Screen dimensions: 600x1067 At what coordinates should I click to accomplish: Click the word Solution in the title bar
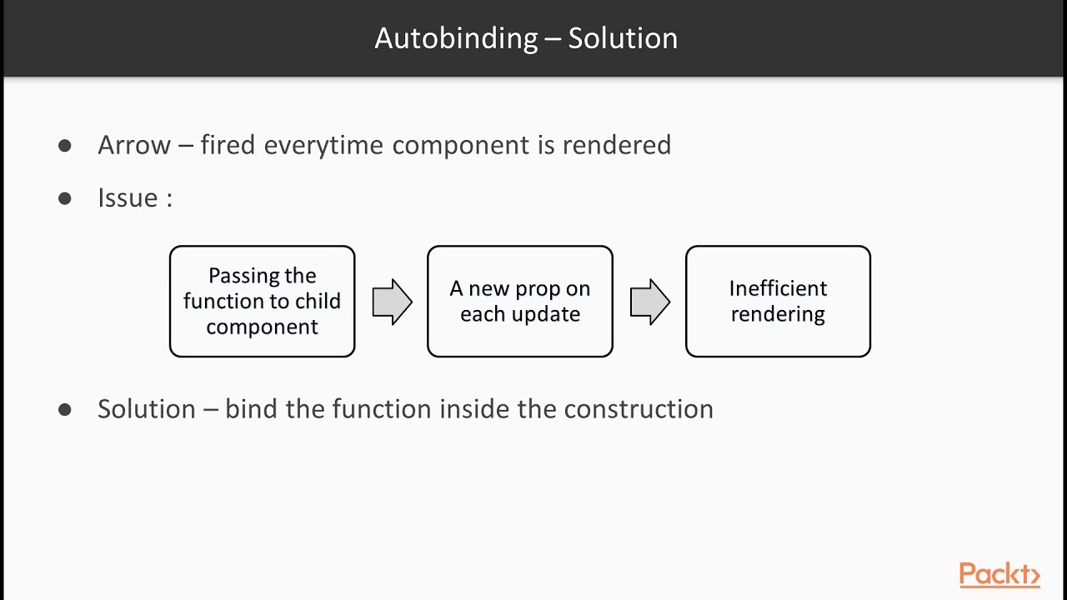click(x=623, y=38)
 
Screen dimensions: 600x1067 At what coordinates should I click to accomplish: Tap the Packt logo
click(x=999, y=575)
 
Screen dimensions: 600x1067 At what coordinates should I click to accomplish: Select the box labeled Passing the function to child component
click(x=262, y=302)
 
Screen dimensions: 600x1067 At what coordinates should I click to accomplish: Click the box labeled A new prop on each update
click(x=519, y=302)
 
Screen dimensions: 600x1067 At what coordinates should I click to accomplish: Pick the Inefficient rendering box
click(x=778, y=302)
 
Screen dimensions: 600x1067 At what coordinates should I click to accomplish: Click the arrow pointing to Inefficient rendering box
click(x=649, y=302)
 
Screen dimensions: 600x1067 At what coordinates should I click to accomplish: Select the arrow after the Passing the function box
click(x=392, y=302)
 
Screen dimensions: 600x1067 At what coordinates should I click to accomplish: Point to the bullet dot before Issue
click(x=65, y=198)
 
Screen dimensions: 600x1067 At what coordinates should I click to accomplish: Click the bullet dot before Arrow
click(x=65, y=146)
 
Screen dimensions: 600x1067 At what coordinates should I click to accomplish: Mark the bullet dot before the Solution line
click(x=65, y=410)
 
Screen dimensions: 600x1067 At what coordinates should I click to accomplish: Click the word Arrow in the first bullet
click(x=134, y=145)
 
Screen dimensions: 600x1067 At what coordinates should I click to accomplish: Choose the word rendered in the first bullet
click(x=616, y=145)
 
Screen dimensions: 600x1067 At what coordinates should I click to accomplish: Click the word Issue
click(x=128, y=198)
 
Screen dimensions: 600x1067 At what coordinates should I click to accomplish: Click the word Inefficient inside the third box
click(x=778, y=288)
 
